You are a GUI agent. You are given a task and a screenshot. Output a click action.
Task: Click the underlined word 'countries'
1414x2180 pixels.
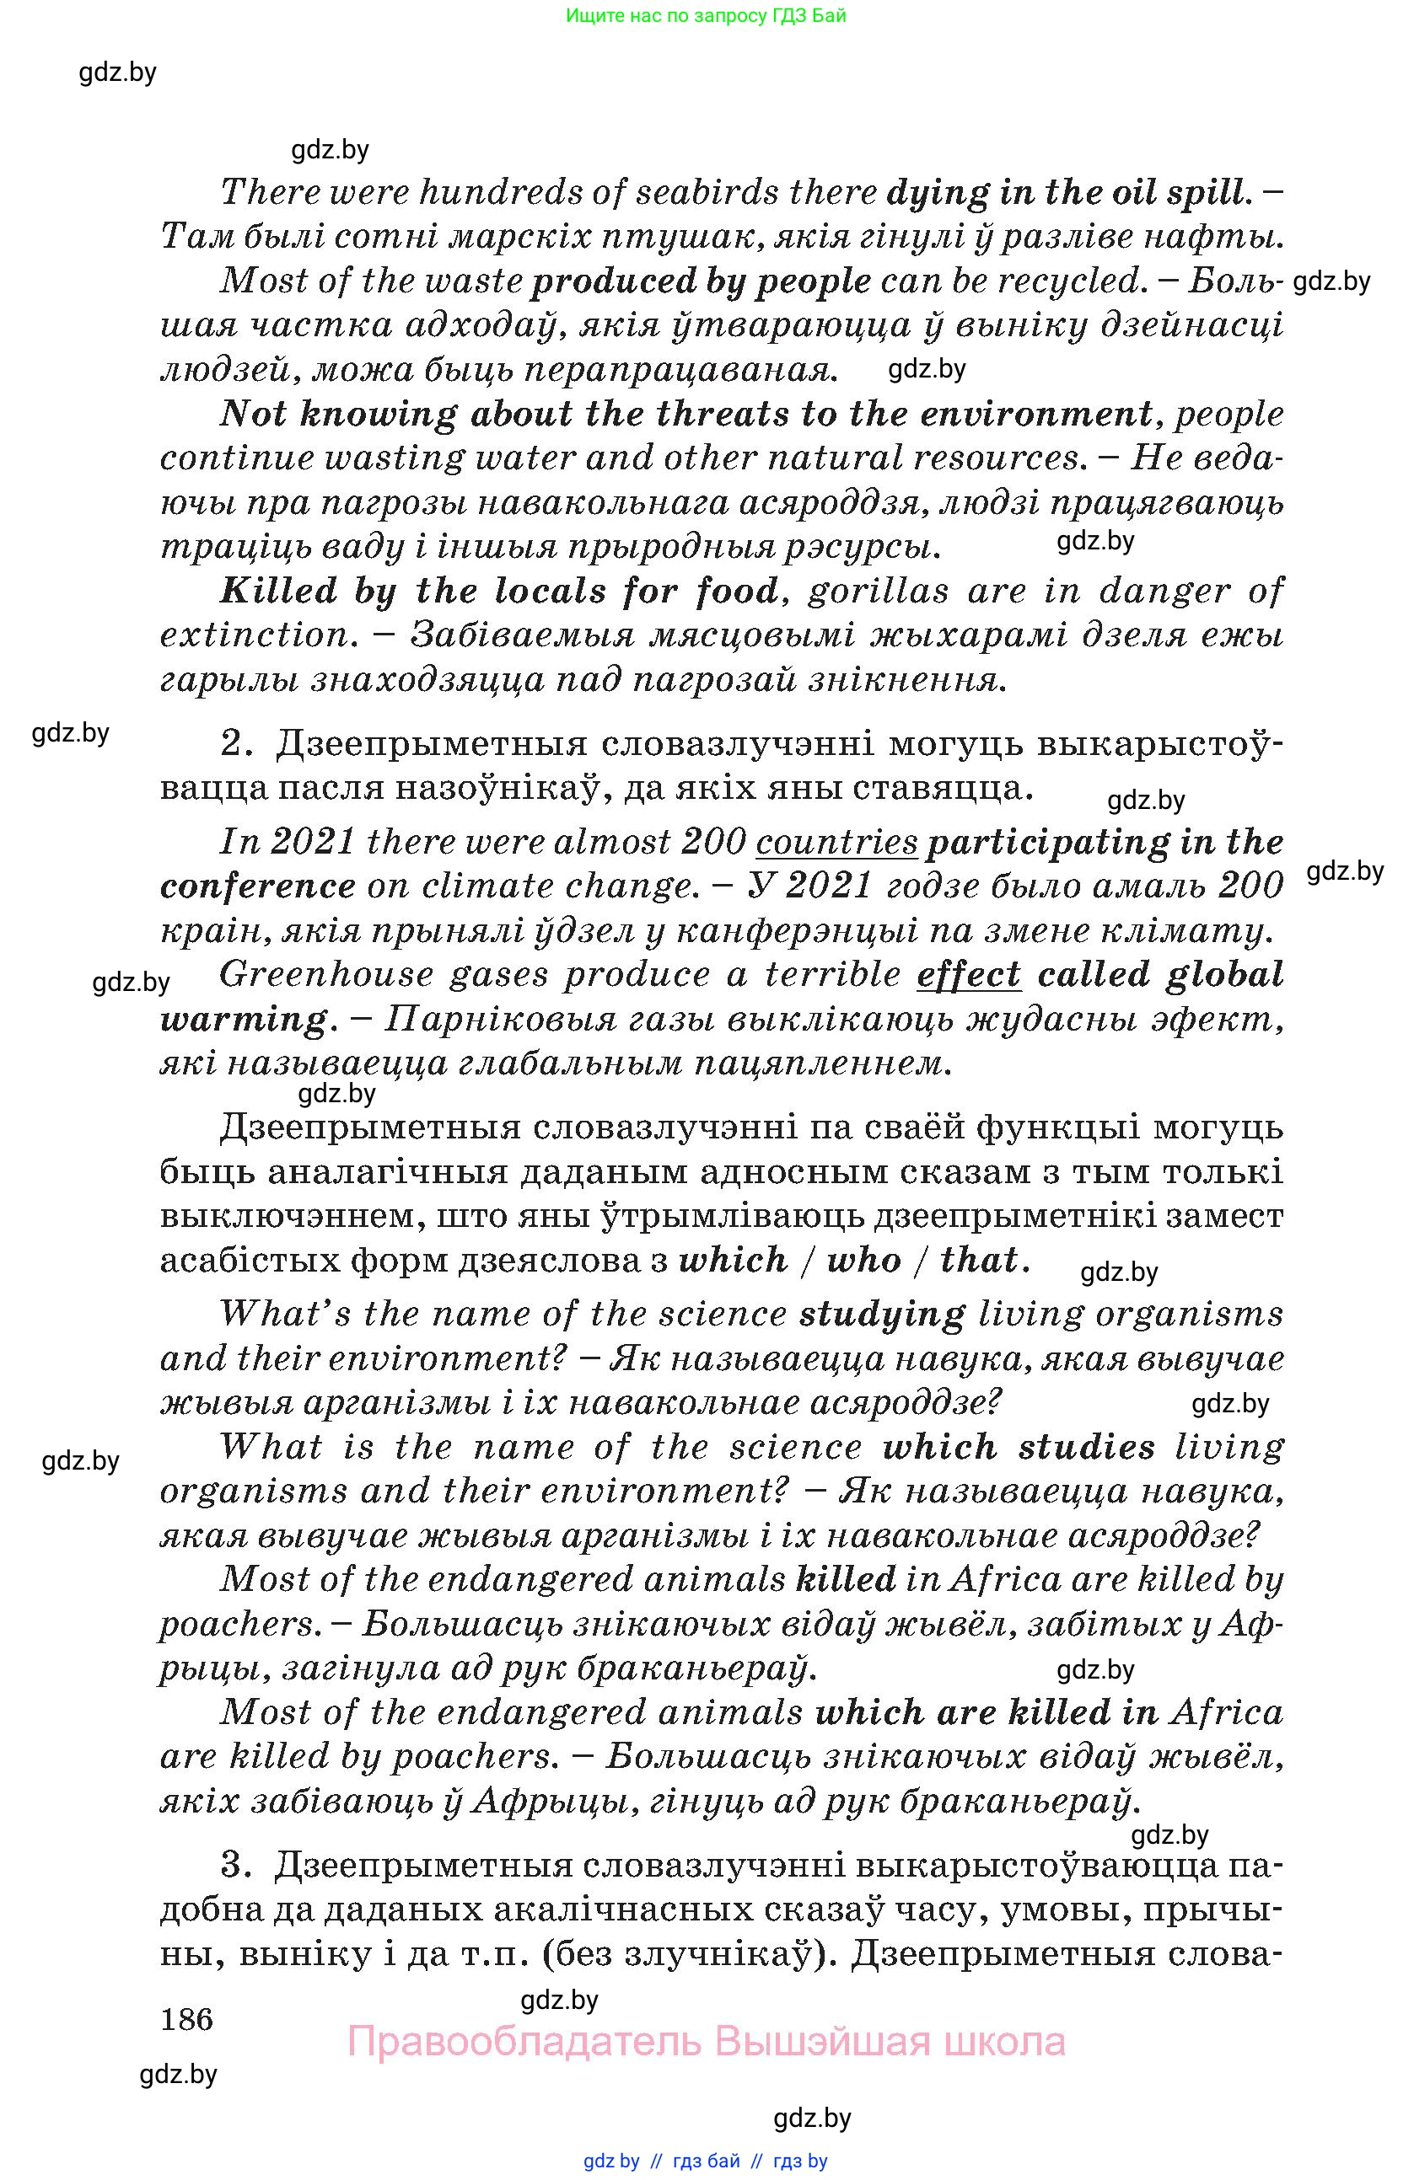836,842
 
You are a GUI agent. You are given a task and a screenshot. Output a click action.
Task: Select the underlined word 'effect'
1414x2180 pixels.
968,973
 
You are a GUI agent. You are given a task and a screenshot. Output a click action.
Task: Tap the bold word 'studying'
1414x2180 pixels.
882,1315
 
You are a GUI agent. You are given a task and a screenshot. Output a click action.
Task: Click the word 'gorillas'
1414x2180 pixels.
878,591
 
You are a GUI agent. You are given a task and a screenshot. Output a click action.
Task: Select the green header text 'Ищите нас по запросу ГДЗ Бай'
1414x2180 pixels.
706,15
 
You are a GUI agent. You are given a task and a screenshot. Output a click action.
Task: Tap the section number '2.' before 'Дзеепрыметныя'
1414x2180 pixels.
236,743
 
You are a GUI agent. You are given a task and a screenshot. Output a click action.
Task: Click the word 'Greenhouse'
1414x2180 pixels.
326,973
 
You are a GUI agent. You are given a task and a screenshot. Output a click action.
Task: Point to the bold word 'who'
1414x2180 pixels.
863,1261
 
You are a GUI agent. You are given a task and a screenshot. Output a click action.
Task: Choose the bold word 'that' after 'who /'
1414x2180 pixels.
979,1261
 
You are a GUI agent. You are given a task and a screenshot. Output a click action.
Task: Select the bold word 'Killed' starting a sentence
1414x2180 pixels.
278,591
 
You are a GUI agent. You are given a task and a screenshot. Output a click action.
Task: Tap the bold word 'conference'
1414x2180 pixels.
257,886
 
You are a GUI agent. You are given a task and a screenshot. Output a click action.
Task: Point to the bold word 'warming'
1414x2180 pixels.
243,1019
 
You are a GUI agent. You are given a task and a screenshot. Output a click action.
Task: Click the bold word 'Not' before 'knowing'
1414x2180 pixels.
252,414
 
